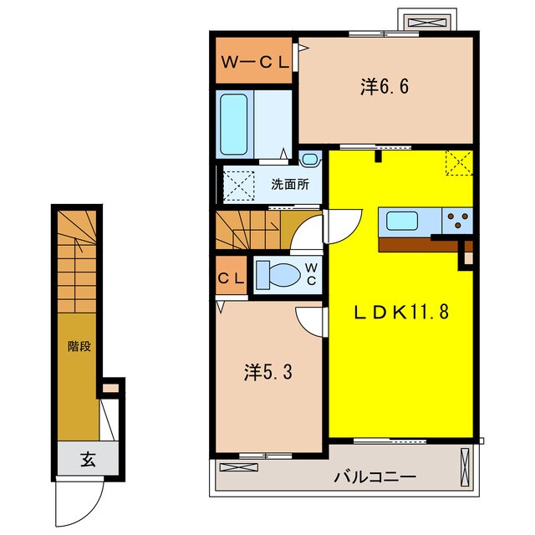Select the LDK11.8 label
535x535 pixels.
click(x=401, y=313)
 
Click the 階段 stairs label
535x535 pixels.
click(x=79, y=345)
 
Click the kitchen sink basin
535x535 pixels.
click(x=403, y=222)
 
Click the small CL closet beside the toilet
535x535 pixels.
click(x=232, y=277)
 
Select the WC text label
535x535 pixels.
click(x=310, y=274)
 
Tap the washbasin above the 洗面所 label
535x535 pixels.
click(x=310, y=158)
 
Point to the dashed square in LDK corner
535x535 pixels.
click(x=457, y=163)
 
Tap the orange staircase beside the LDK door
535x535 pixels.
click(x=247, y=230)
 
